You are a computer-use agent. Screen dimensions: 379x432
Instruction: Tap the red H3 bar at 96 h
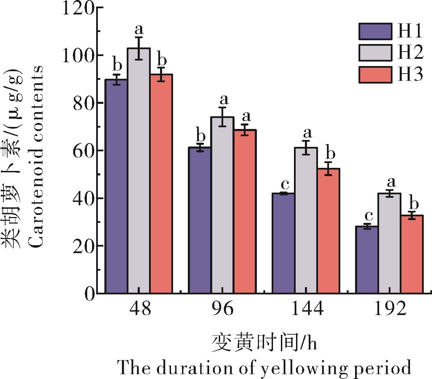click(x=245, y=211)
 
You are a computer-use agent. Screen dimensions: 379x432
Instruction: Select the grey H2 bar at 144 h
click(x=306, y=220)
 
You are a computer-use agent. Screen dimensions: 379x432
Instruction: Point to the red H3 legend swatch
click(x=375, y=75)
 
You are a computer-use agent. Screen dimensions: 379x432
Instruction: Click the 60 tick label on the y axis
click(x=83, y=151)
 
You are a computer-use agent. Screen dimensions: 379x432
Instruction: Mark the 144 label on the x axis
click(x=307, y=309)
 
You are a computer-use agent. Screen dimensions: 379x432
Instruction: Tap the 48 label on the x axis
click(x=140, y=309)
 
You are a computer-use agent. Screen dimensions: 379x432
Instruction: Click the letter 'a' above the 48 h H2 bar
click(x=139, y=28)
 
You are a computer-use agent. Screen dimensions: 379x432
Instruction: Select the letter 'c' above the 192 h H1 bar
click(x=368, y=216)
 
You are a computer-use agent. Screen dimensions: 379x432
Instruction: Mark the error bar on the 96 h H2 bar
click(x=223, y=117)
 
